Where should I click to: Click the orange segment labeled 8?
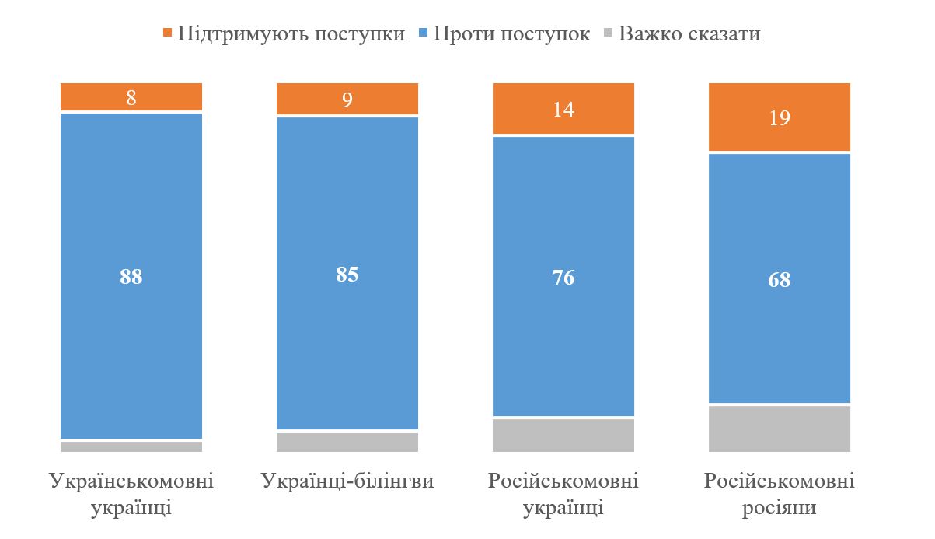tap(131, 97)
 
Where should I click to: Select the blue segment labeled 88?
tap(131, 277)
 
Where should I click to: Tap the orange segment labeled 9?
tap(347, 99)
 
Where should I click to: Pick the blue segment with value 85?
tap(347, 274)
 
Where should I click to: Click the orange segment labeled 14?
tap(563, 109)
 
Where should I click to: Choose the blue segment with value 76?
tap(563, 278)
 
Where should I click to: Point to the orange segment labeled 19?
tap(780, 117)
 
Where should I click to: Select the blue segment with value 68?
tap(780, 279)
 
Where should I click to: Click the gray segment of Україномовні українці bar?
tap(131, 446)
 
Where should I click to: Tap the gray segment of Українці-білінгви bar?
tap(347, 442)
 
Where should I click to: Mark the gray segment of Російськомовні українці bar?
tap(563, 435)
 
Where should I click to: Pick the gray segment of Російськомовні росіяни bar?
tap(780, 429)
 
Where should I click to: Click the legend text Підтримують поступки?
tap(291, 34)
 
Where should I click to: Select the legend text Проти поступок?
tap(512, 34)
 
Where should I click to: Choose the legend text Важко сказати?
tap(689, 34)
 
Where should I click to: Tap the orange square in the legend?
tap(167, 34)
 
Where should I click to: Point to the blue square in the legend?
tap(424, 34)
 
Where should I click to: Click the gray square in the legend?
tap(609, 34)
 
